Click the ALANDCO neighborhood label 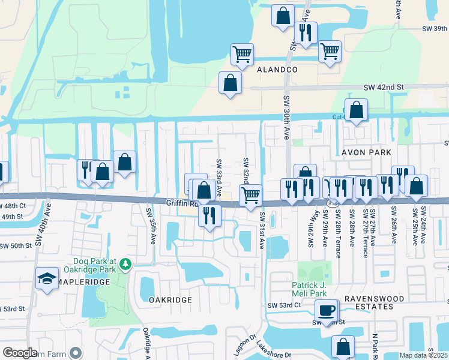pos(277,70)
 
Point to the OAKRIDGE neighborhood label pos(170,300)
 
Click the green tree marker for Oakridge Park pos(125,263)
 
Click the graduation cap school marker pos(47,278)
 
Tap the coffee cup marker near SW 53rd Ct pos(327,310)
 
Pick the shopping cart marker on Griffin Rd pos(250,194)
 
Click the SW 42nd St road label pos(384,88)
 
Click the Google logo pos(20,353)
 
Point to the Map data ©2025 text pos(423,355)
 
